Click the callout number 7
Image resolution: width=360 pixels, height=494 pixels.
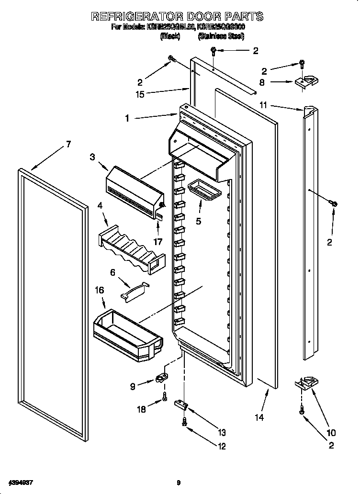(68, 144)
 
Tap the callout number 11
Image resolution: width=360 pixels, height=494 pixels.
(263, 105)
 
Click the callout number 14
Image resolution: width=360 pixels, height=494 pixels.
(259, 417)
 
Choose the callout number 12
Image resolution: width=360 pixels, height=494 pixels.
(221, 447)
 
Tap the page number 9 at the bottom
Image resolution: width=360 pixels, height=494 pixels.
(178, 483)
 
